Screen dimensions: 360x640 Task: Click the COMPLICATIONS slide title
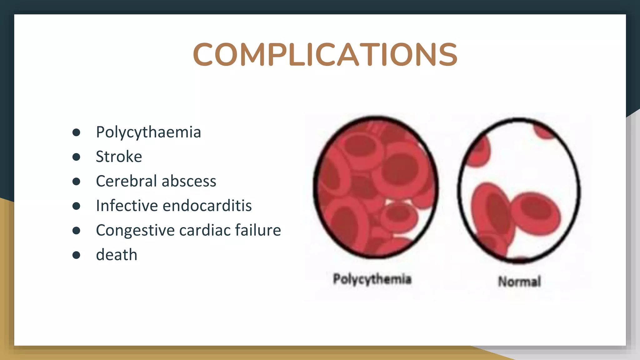click(x=325, y=55)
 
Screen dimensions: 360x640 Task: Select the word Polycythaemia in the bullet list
click(x=148, y=132)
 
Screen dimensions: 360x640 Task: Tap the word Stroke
click(x=119, y=157)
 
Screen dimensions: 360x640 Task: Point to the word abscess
click(x=189, y=181)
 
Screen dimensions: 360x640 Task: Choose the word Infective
click(x=127, y=206)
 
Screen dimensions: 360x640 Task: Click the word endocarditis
click(x=207, y=206)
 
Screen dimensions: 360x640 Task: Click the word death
click(x=117, y=255)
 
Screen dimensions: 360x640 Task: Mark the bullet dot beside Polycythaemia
click(x=76, y=132)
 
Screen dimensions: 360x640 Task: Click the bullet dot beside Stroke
click(x=76, y=157)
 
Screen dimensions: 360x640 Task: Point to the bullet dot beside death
click(x=76, y=255)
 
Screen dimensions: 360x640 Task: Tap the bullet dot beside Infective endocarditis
click(x=76, y=206)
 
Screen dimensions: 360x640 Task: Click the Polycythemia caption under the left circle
click(x=372, y=279)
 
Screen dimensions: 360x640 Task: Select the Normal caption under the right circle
click(x=519, y=282)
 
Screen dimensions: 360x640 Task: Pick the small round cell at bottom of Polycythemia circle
click(x=399, y=216)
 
